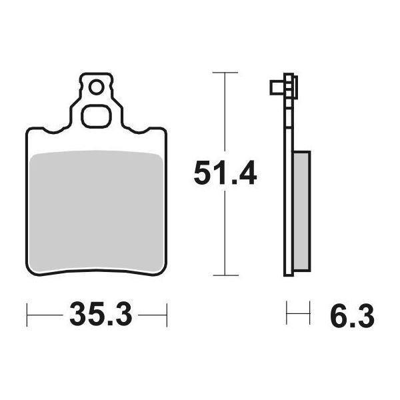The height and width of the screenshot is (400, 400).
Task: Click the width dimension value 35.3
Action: [99, 312]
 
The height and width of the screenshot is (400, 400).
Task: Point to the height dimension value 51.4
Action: [225, 175]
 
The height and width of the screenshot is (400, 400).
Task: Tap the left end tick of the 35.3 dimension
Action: [27, 312]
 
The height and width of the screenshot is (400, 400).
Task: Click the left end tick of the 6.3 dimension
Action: [287, 312]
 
